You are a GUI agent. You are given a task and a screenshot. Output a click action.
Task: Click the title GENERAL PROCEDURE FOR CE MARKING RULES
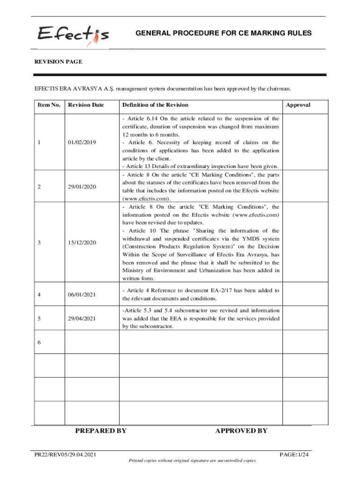(x=223, y=34)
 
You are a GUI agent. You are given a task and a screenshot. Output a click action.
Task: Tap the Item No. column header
(x=49, y=105)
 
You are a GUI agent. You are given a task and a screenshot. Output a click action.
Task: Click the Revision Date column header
(x=86, y=105)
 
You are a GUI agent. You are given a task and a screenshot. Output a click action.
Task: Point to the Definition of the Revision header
(x=155, y=105)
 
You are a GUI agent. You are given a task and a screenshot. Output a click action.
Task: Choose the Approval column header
(x=298, y=105)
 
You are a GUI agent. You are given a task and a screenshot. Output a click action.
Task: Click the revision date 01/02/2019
(x=82, y=142)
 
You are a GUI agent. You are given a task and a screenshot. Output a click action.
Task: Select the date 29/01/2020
(x=82, y=187)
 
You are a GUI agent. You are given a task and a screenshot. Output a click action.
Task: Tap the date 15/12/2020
(x=82, y=243)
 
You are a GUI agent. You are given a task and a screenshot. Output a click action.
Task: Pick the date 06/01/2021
(x=82, y=294)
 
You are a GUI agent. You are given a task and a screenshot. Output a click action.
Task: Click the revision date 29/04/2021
(x=82, y=319)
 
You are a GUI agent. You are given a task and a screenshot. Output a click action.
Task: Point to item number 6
(x=39, y=342)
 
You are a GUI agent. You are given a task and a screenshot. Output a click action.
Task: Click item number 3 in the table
(x=39, y=243)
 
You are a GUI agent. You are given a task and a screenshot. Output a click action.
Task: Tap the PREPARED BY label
(x=101, y=431)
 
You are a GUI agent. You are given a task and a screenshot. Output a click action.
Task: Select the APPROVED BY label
(x=241, y=431)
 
